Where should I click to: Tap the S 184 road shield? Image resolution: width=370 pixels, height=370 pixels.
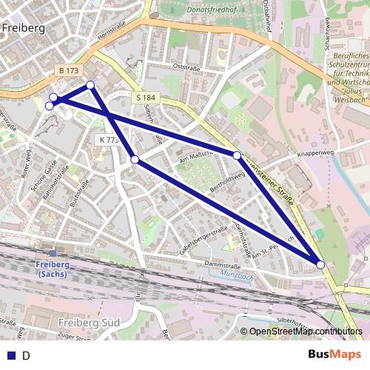point(144,98)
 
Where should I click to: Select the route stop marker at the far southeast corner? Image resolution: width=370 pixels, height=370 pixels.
point(320,264)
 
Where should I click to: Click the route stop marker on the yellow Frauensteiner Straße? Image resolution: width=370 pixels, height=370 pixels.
point(237,155)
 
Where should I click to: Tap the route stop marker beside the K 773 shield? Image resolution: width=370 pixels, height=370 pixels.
point(135,159)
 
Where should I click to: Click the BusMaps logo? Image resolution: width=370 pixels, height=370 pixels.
point(334,354)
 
